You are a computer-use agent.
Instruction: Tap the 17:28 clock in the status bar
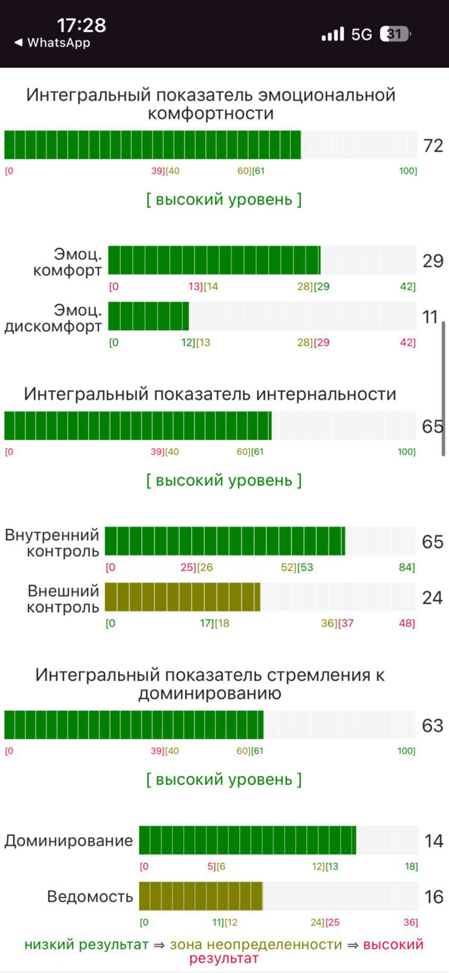(x=81, y=26)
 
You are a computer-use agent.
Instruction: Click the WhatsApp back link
(x=53, y=43)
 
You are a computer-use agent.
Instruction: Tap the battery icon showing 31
(x=395, y=34)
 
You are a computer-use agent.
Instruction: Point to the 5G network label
(x=361, y=34)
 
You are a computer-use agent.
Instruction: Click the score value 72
(x=433, y=146)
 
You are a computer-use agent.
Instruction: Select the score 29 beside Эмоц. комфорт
(x=433, y=261)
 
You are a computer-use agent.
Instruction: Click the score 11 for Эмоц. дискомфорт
(x=430, y=317)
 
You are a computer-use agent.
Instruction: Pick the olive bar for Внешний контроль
(x=182, y=597)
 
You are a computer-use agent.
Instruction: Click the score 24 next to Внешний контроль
(x=432, y=598)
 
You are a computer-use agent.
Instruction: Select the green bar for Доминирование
(x=247, y=840)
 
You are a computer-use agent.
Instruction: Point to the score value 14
(x=433, y=841)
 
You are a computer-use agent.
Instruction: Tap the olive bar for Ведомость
(x=200, y=896)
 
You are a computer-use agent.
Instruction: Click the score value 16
(x=433, y=897)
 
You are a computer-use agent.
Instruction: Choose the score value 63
(x=432, y=725)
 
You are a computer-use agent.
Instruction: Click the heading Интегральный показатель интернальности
(x=210, y=394)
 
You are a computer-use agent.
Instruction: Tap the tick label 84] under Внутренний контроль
(x=407, y=567)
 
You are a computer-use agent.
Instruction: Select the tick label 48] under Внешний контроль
(x=407, y=623)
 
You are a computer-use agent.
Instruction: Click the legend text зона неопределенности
(x=256, y=944)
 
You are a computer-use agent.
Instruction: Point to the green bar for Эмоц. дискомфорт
(x=148, y=316)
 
